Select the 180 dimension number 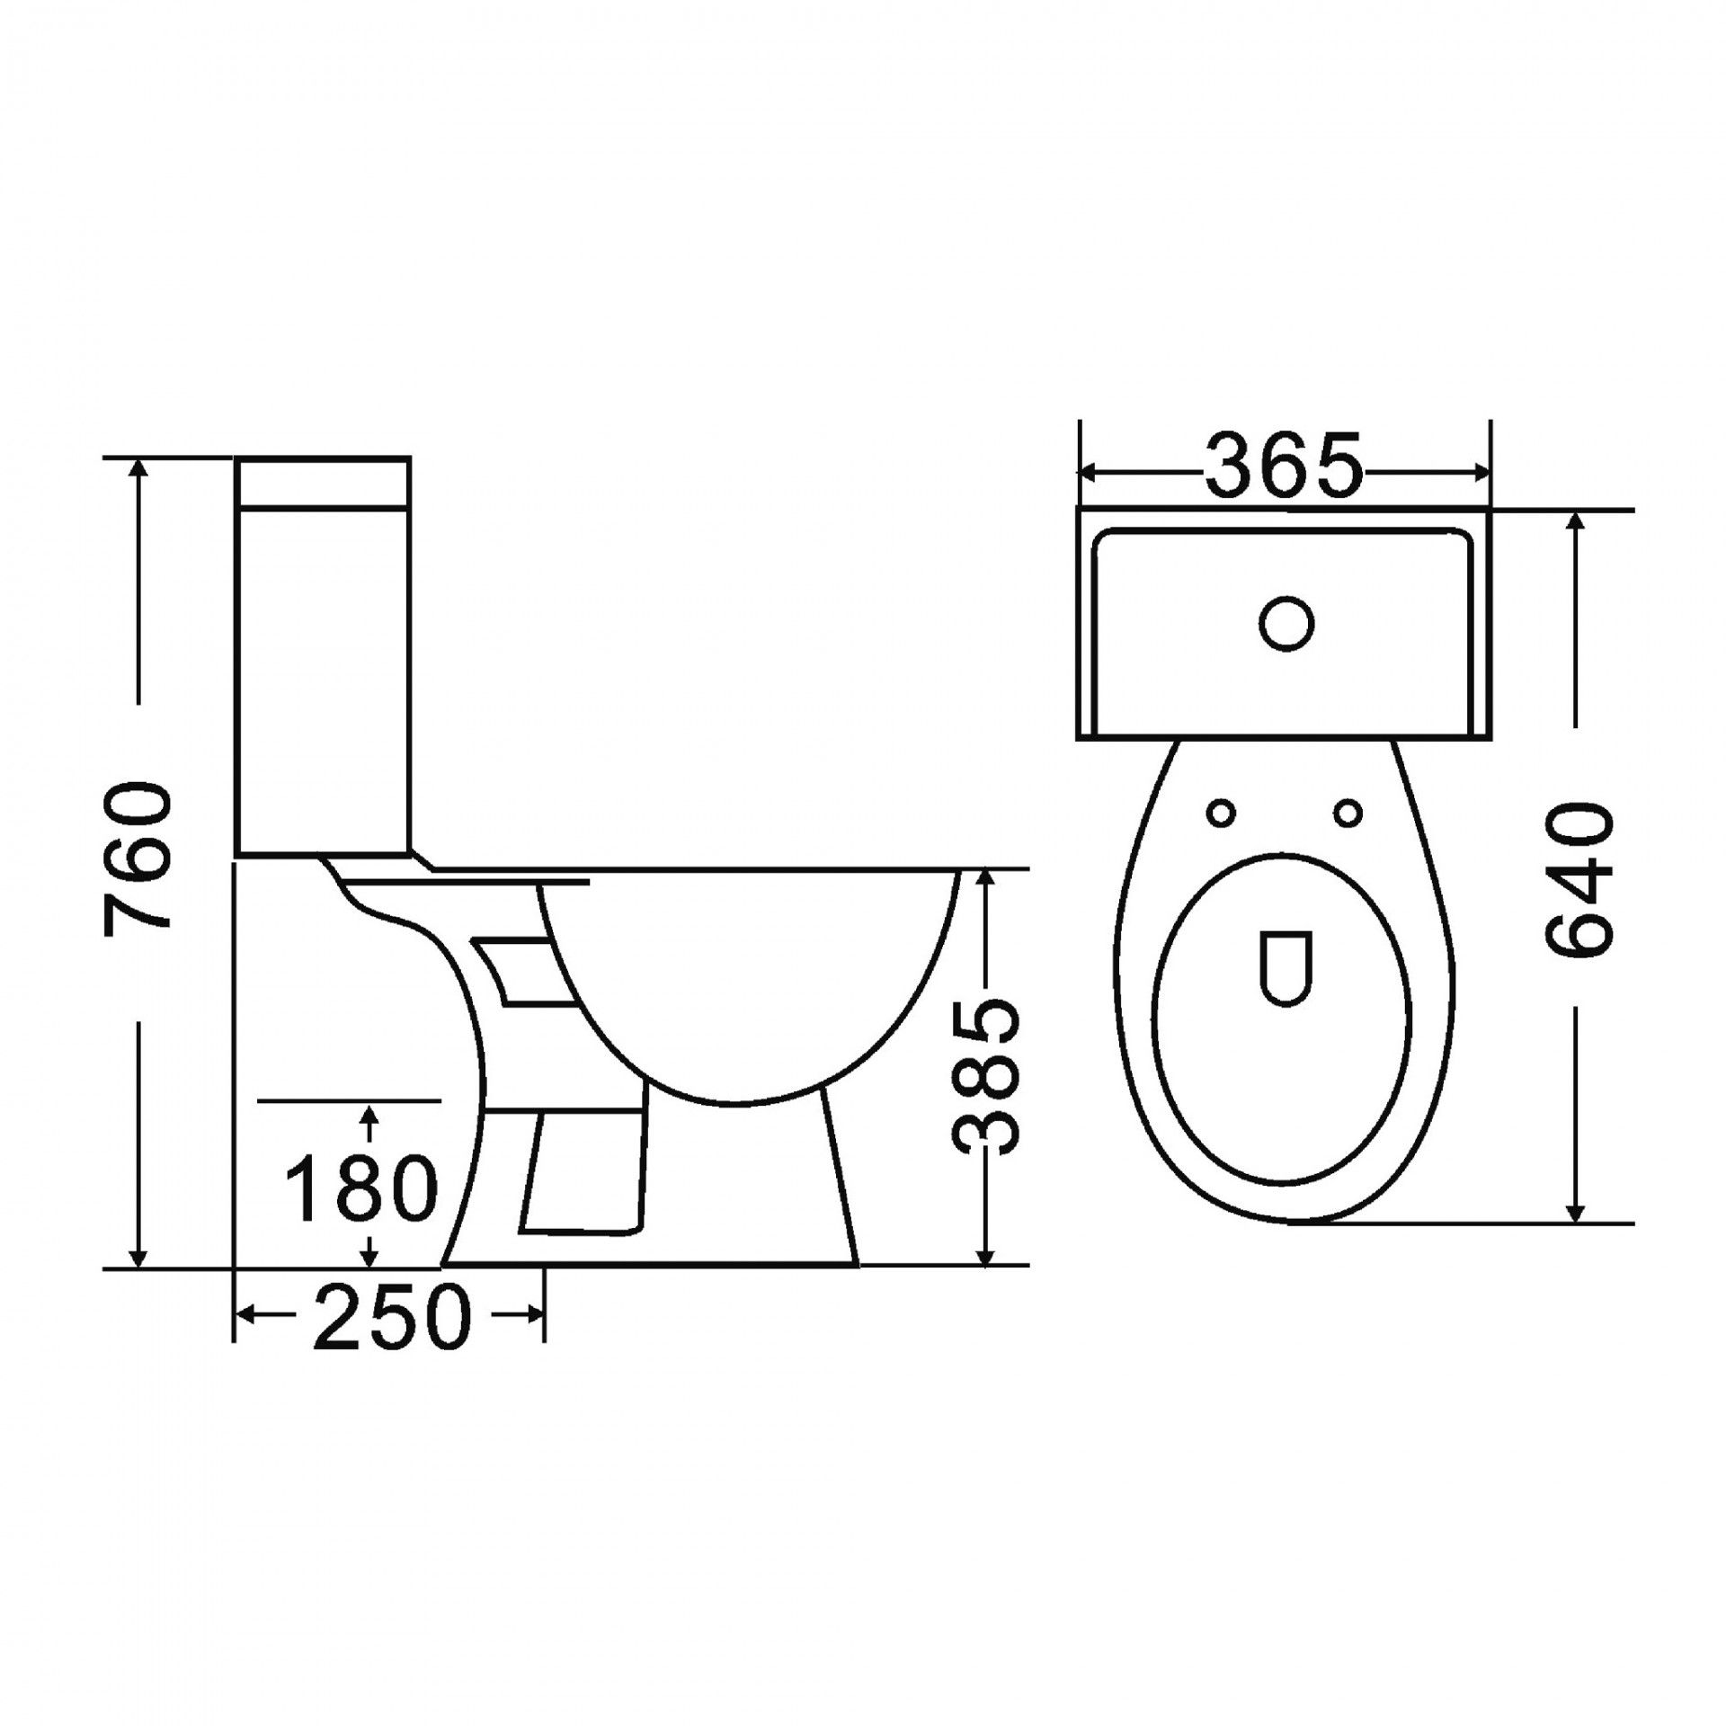click(x=360, y=1188)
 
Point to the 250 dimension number click(x=392, y=1316)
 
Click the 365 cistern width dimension click(x=1283, y=466)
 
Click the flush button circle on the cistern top click(x=1286, y=622)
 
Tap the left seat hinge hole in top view click(x=1221, y=814)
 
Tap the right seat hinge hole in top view click(x=1348, y=814)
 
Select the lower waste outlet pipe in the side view click(x=584, y=1173)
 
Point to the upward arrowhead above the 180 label click(x=369, y=1117)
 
